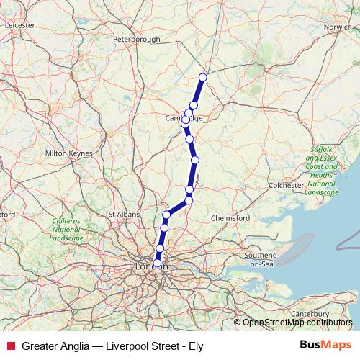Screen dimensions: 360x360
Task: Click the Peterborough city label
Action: [136, 39]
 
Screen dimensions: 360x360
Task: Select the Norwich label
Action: [337, 27]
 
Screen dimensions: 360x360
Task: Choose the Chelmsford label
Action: [230, 218]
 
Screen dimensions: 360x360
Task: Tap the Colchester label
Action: [287, 185]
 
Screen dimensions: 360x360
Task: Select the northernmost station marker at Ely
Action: [203, 77]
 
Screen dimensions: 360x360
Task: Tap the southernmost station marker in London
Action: [157, 263]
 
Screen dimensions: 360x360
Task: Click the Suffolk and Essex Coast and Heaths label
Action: [322, 171]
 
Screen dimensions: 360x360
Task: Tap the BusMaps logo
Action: [326, 346]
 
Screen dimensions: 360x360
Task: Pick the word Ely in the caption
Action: [195, 346]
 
